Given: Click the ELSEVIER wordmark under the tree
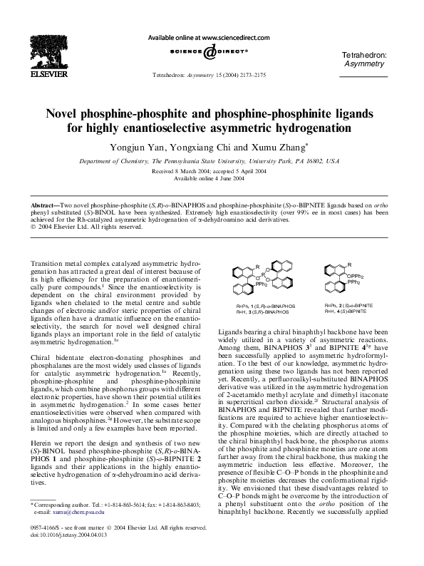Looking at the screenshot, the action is [x=34, y=72].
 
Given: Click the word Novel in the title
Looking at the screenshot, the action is [x=68, y=115].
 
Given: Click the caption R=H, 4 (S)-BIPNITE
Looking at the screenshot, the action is [x=346, y=312].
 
